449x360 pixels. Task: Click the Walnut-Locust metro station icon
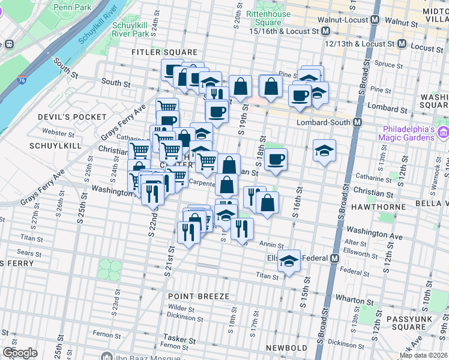click(x=375, y=20)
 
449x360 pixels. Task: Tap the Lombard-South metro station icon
click(x=358, y=122)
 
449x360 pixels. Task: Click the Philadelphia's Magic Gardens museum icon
click(x=443, y=132)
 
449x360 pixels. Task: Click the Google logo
click(x=20, y=352)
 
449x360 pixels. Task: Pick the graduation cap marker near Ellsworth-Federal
click(x=289, y=260)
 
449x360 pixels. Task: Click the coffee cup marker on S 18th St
click(x=276, y=160)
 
